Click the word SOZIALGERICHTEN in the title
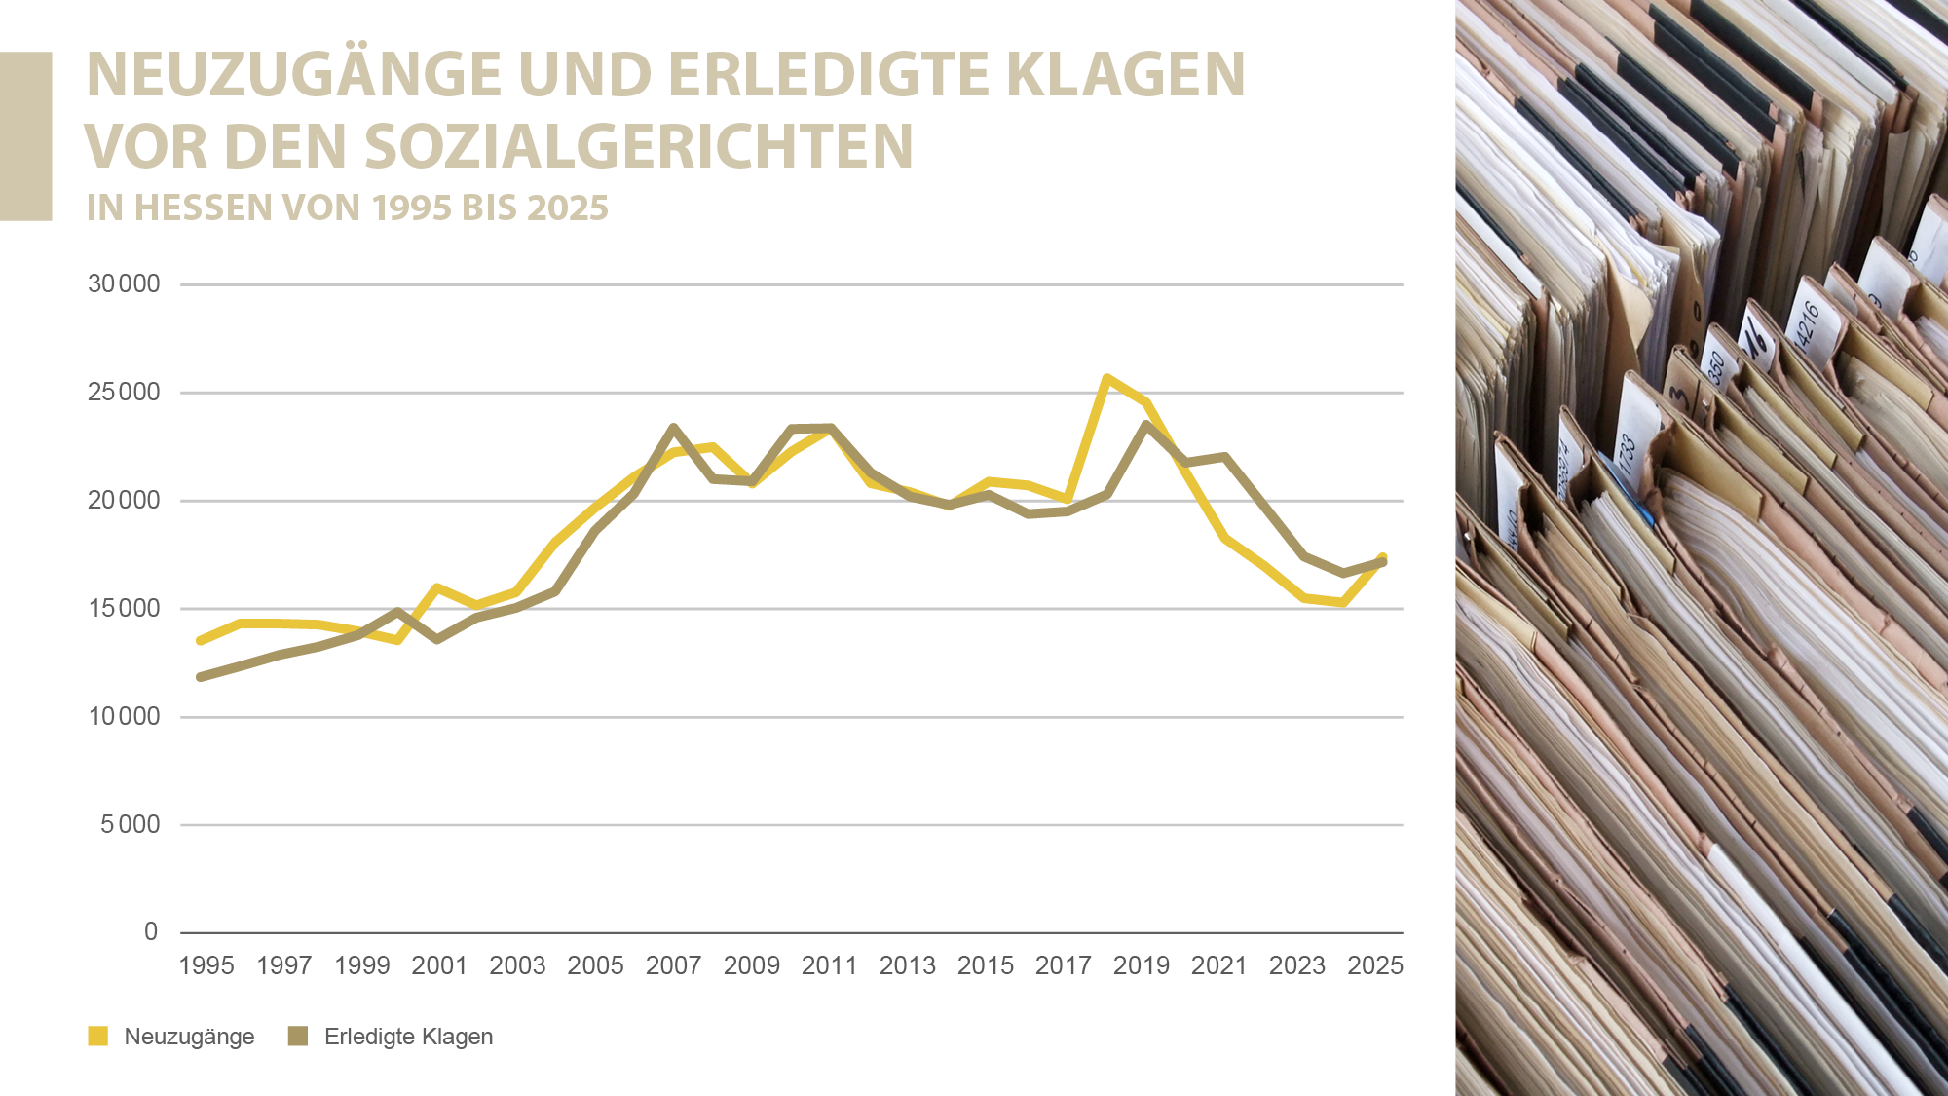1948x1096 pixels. coord(639,146)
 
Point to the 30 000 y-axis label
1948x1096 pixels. coord(124,284)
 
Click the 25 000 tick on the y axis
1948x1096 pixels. coord(124,393)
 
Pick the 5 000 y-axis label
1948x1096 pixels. coord(130,824)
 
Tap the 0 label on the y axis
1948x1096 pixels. coord(150,932)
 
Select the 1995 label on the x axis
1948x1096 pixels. coord(206,965)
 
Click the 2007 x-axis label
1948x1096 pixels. coord(673,965)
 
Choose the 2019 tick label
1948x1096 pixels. coord(1141,965)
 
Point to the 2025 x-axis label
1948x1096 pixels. coord(1374,965)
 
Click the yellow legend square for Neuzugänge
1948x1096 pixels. coord(98,1036)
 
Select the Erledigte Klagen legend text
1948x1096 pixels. coord(408,1037)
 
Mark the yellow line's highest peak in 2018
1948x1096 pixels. coord(1107,378)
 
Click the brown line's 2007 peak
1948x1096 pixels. coord(674,428)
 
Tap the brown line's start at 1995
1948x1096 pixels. coord(201,677)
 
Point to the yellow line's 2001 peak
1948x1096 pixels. coord(437,588)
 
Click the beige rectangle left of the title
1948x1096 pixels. coord(25,136)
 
